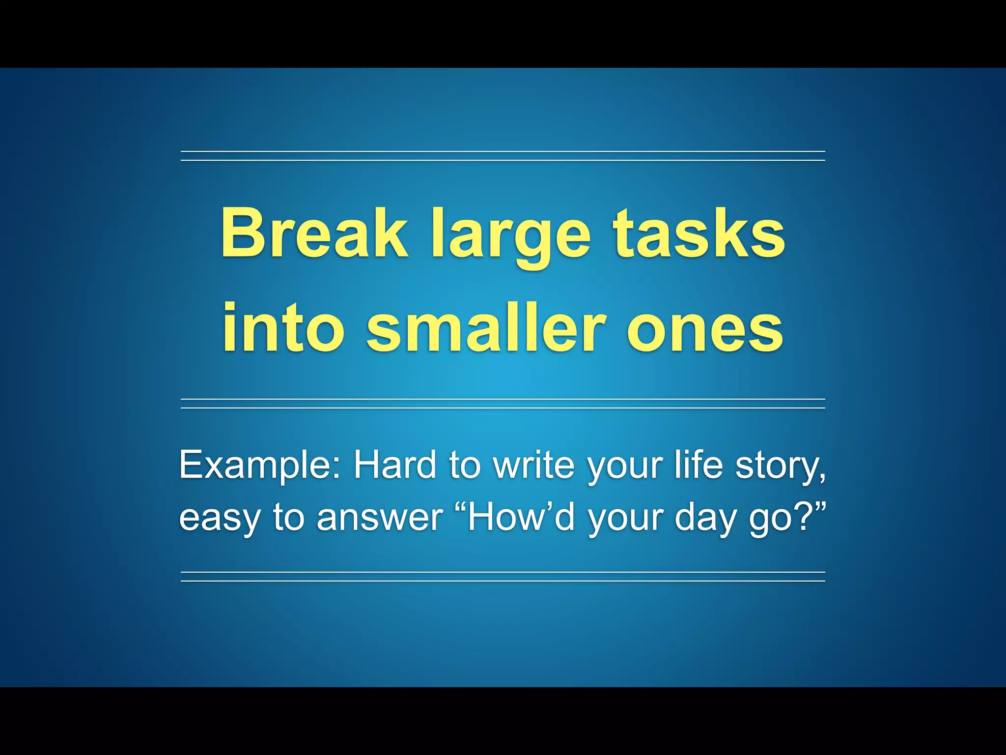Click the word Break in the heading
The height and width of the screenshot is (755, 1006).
coord(314,233)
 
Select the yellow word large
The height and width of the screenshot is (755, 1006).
coord(511,236)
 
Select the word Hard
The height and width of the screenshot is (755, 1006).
coord(395,465)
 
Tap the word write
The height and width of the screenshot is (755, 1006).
coord(533,465)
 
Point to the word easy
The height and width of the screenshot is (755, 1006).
coord(219,519)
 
